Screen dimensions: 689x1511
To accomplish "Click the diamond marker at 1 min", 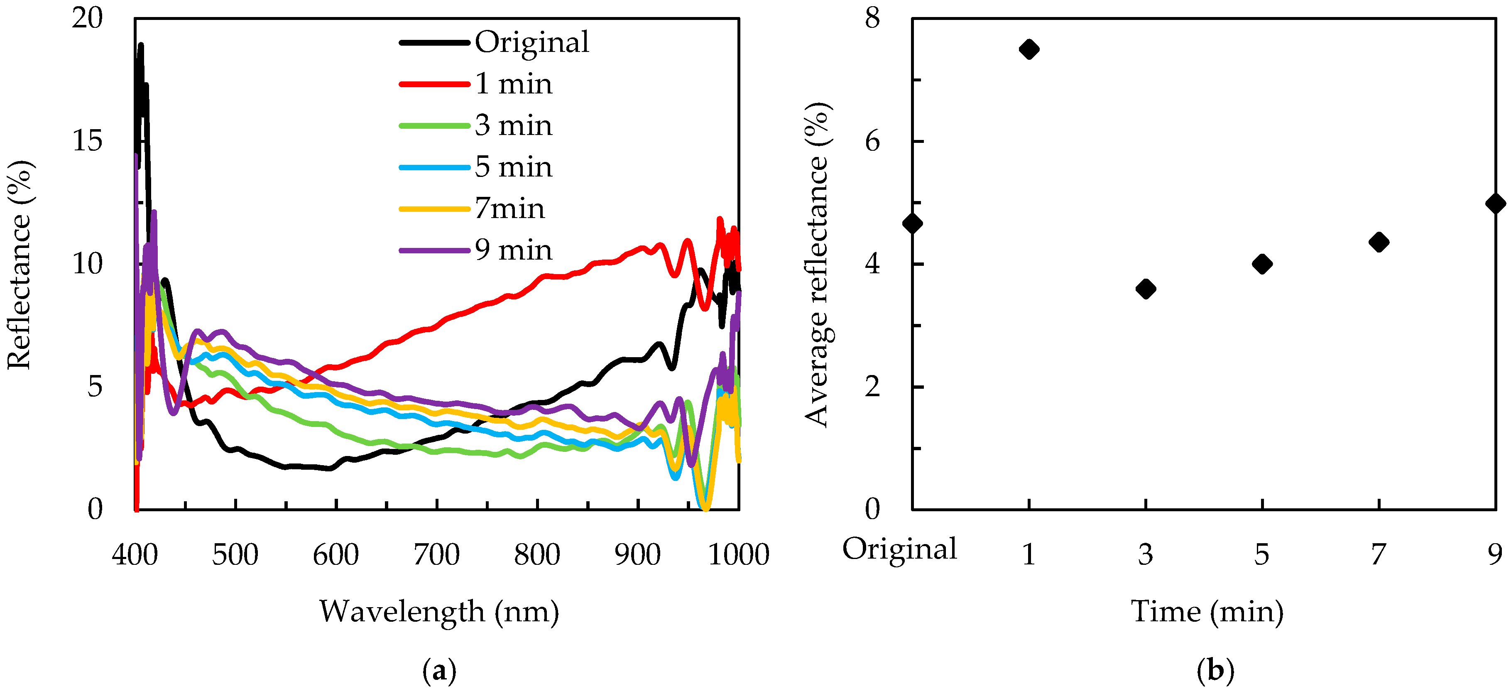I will [x=1029, y=49].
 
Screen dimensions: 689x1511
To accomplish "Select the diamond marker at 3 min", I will [x=1146, y=289].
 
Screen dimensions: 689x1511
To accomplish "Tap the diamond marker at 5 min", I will [x=1262, y=264].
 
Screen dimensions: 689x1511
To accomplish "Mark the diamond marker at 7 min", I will [x=1379, y=242].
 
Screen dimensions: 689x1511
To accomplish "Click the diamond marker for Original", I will [x=913, y=223].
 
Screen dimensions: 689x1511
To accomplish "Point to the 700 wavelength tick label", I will [x=436, y=554].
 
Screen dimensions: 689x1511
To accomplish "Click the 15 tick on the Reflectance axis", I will [x=87, y=141].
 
